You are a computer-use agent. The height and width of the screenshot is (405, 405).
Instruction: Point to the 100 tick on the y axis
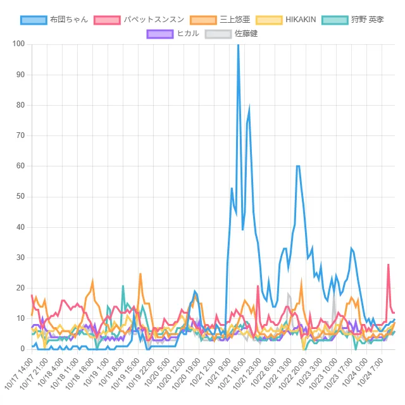[x=18, y=44]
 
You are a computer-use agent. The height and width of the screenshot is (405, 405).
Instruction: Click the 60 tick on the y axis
[x=20, y=166]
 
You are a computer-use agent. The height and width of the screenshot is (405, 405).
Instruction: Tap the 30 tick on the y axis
[x=20, y=258]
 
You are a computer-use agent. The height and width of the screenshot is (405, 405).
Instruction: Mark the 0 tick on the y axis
[x=22, y=349]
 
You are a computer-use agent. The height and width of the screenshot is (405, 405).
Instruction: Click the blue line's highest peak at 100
[x=238, y=45]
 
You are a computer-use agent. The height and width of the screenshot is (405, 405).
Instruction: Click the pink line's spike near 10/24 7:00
[x=389, y=265]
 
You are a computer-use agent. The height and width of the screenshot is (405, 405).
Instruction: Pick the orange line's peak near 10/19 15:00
[x=140, y=274]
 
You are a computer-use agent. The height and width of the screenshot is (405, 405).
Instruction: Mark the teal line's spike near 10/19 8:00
[x=123, y=286]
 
